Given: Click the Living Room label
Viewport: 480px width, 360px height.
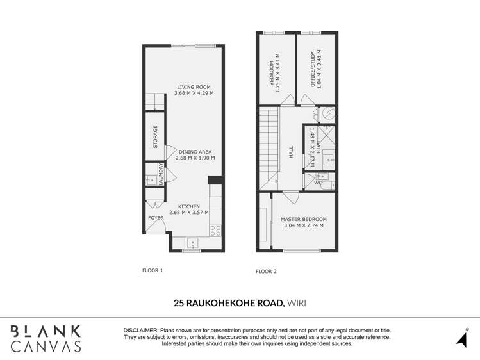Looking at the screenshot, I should [194, 87].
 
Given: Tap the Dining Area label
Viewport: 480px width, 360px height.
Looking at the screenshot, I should [195, 152].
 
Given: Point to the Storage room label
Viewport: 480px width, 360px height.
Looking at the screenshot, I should [155, 136].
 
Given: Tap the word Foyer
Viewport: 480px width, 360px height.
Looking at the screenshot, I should [156, 218].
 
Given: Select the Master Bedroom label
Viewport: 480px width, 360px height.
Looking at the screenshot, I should [304, 219].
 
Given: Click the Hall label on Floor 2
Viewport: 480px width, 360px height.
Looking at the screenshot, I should [291, 152].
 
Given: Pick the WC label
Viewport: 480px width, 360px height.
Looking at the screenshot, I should [318, 183].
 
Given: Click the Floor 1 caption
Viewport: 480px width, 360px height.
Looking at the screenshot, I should [153, 270].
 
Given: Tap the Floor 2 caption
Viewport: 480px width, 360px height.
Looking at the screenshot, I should [266, 271].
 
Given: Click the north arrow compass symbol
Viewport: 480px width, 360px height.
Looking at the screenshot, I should [461, 338].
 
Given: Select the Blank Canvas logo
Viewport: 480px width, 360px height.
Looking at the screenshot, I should [46, 338].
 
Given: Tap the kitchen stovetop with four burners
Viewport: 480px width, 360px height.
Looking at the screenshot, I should [215, 230].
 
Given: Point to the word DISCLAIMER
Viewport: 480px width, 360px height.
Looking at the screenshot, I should [144, 330].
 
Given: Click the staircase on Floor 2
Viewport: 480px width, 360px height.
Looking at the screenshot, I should [269, 147].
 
